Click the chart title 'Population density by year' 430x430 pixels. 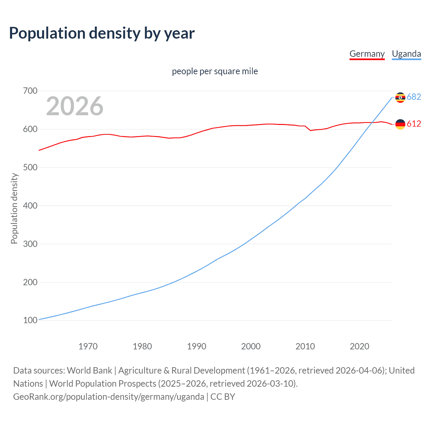tap(102, 33)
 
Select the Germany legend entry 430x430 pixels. tap(367, 54)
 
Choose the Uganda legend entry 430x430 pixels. tap(406, 54)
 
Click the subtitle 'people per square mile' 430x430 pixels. tap(215, 71)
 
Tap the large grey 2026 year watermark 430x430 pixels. tap(75, 106)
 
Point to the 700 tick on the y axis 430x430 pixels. tap(30, 91)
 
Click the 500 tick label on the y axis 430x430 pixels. tap(30, 167)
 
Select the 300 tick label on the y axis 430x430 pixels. tap(30, 244)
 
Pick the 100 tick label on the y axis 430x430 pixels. tap(30, 320)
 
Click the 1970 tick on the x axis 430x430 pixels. tap(88, 346)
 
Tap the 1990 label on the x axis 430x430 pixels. tap(197, 346)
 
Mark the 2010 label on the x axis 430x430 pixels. tap(305, 346)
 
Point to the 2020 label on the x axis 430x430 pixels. tap(359, 346)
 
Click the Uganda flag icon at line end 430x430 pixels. tap(400, 97)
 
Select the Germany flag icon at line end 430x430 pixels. tap(400, 124)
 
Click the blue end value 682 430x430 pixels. tap(414, 97)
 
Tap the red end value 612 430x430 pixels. tap(414, 124)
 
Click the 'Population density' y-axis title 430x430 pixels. tap(14, 208)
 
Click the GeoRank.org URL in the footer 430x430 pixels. tap(109, 397)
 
